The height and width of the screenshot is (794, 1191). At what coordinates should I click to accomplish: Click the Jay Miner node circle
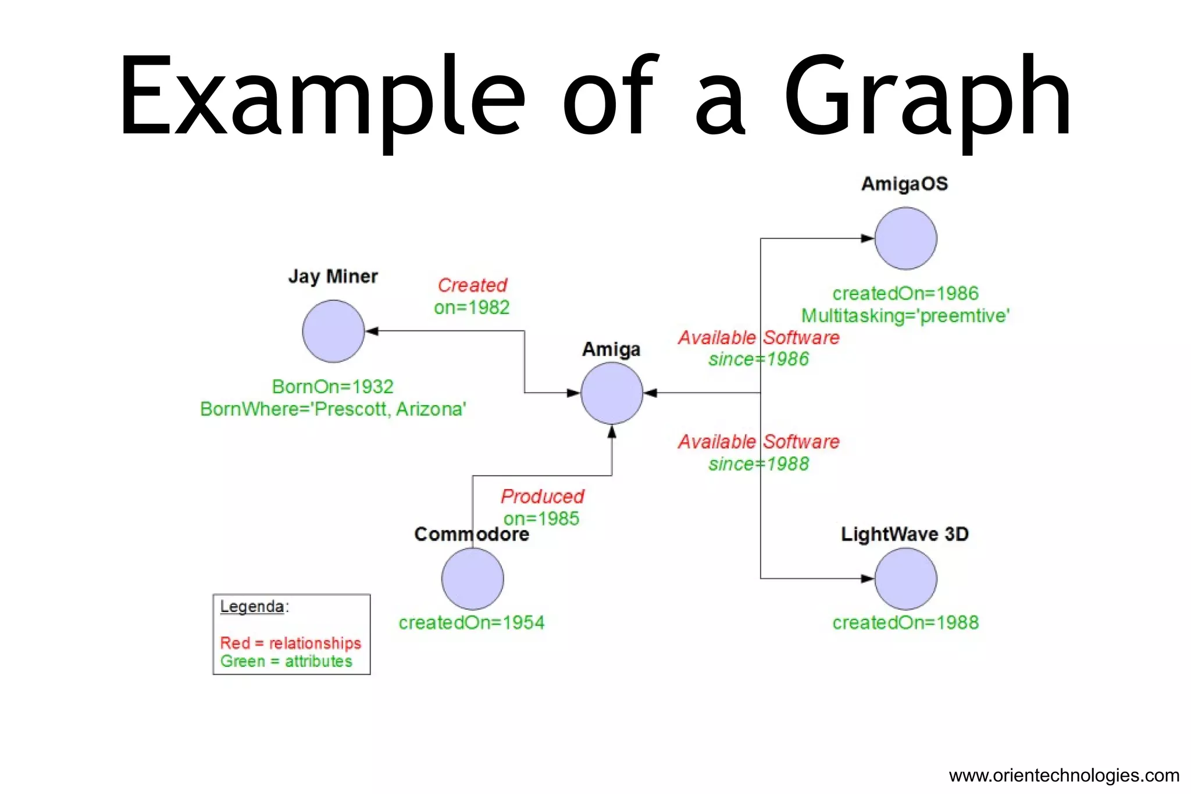point(333,332)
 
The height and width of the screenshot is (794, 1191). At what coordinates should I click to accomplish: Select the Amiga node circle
point(612,393)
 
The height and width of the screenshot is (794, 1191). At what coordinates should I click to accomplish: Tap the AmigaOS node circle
point(905,238)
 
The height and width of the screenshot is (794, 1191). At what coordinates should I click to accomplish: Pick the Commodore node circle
point(472,579)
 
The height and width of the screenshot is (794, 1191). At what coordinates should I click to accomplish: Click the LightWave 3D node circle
point(905,579)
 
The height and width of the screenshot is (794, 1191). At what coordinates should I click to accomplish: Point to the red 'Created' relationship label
point(472,285)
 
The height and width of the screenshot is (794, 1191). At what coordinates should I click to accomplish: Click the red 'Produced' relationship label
point(542,496)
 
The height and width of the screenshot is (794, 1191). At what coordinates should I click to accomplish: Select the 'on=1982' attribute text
point(472,307)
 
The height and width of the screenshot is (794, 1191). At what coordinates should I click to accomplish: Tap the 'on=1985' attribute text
point(541,518)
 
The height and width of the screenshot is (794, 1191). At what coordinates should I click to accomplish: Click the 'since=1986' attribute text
point(758,359)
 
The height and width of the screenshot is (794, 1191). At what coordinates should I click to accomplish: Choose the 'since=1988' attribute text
point(758,464)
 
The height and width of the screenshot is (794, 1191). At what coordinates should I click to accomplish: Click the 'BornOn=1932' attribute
point(333,386)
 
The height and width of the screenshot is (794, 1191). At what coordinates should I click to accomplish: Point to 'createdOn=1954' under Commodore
point(471,622)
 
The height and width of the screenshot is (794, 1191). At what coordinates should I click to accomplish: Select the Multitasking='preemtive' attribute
point(905,316)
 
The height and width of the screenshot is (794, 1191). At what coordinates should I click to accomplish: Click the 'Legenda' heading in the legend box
point(252,606)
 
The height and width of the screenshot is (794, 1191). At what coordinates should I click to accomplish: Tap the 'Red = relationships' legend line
point(290,643)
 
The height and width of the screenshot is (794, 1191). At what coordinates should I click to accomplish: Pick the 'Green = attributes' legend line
point(286,661)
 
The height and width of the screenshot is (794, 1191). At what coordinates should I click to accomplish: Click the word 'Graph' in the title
point(927,99)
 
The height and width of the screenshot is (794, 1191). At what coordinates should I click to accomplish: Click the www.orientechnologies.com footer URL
point(1064,775)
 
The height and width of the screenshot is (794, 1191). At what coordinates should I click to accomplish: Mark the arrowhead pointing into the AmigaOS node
point(867,238)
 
